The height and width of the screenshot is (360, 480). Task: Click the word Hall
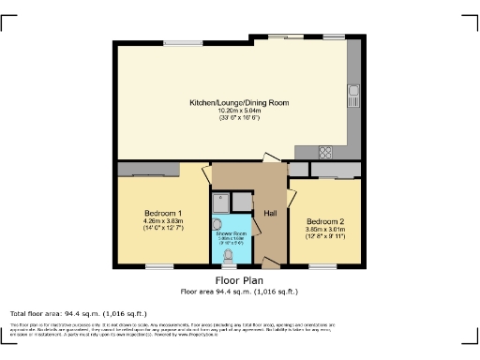click(269, 214)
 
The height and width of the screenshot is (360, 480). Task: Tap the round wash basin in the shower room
click(217, 223)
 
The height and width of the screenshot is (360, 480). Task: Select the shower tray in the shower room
click(221, 201)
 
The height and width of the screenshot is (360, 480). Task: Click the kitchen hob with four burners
click(327, 152)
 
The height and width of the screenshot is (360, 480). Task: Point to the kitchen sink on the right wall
click(354, 94)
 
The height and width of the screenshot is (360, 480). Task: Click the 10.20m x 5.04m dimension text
click(239, 111)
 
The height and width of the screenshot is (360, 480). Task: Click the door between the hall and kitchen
click(269, 159)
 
